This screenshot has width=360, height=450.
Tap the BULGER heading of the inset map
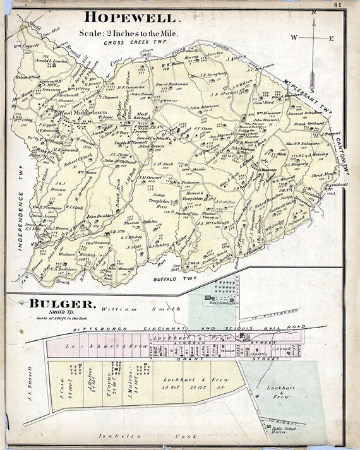coord(62,305)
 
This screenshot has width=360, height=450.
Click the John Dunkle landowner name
coord(99,216)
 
